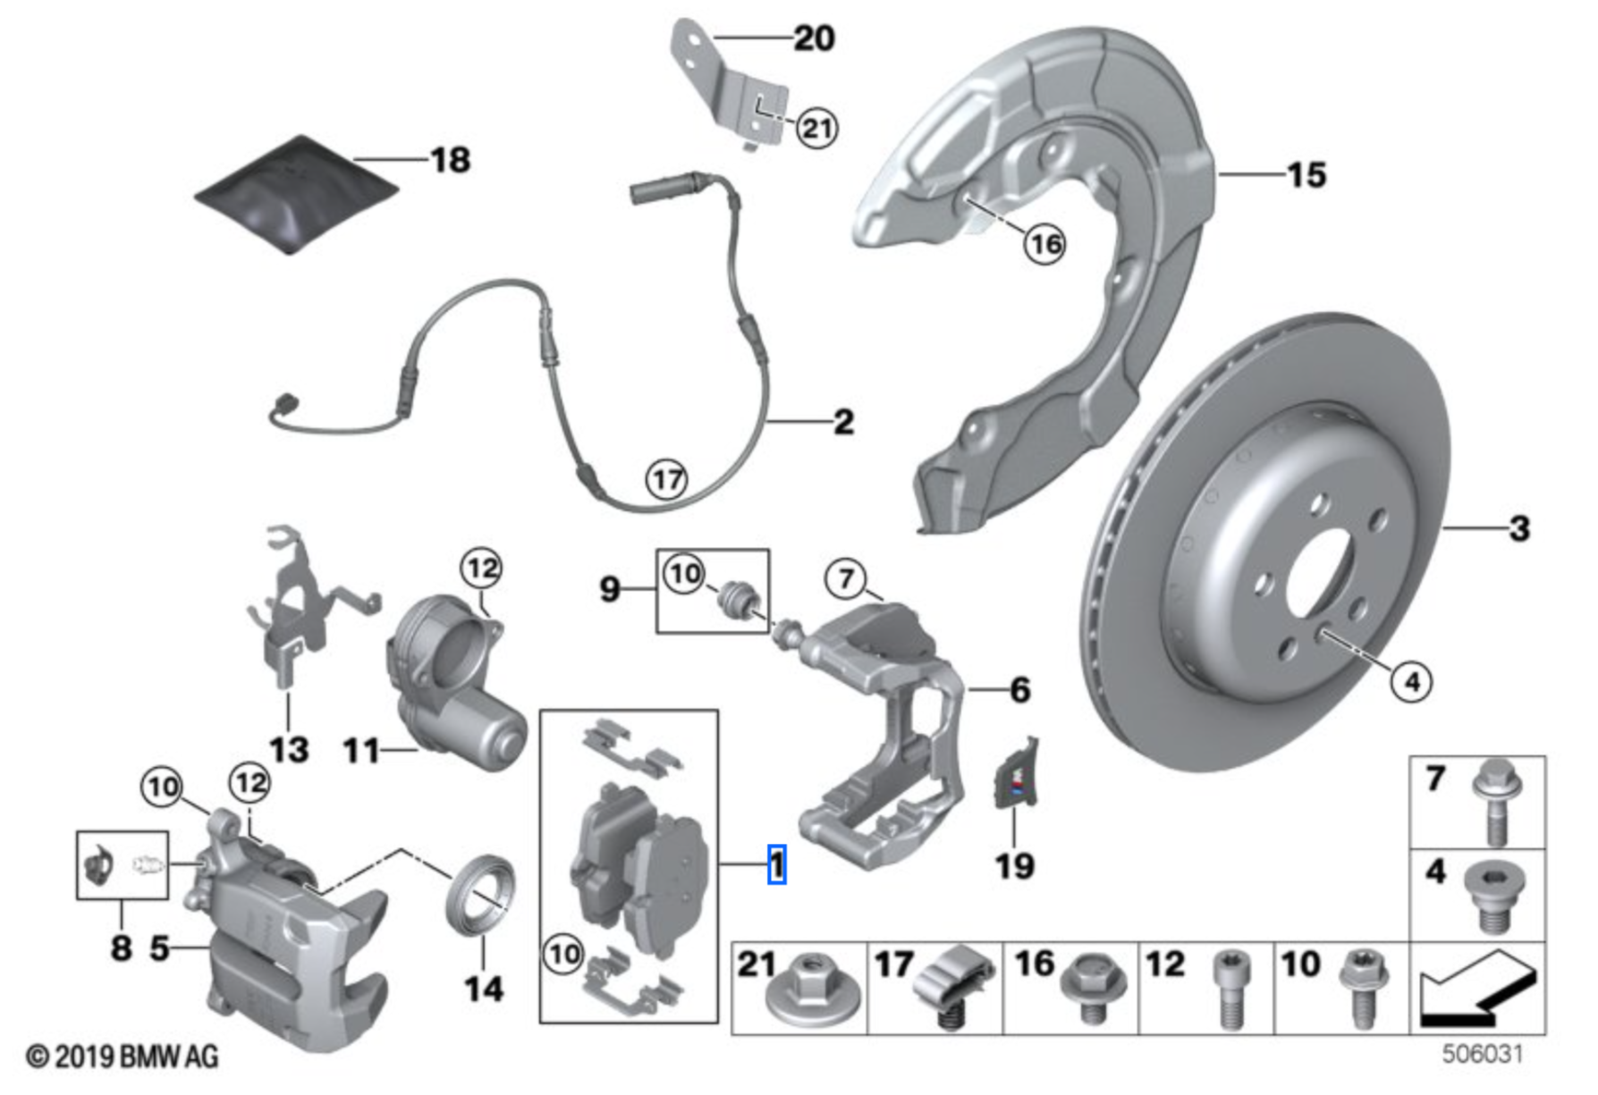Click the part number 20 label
click(814, 38)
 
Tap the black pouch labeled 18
click(295, 194)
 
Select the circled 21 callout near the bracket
click(816, 128)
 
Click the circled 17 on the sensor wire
click(667, 480)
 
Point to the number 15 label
click(1306, 175)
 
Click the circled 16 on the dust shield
click(1045, 244)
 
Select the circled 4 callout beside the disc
click(1411, 682)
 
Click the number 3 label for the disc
click(1519, 528)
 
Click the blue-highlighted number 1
click(777, 864)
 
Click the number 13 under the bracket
click(289, 749)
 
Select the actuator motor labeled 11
click(456, 679)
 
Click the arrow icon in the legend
click(1476, 989)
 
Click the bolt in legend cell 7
click(1495, 801)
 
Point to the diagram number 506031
click(1482, 1054)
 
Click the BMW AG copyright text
click(123, 1057)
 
